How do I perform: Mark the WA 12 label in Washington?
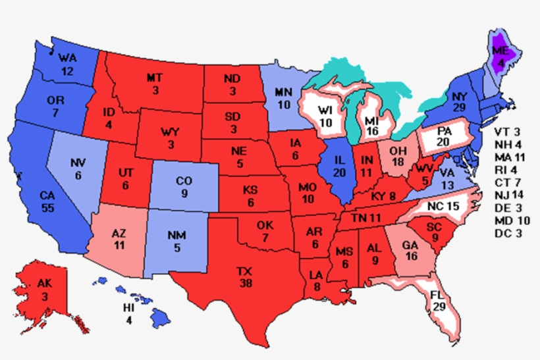[x=68, y=64]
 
